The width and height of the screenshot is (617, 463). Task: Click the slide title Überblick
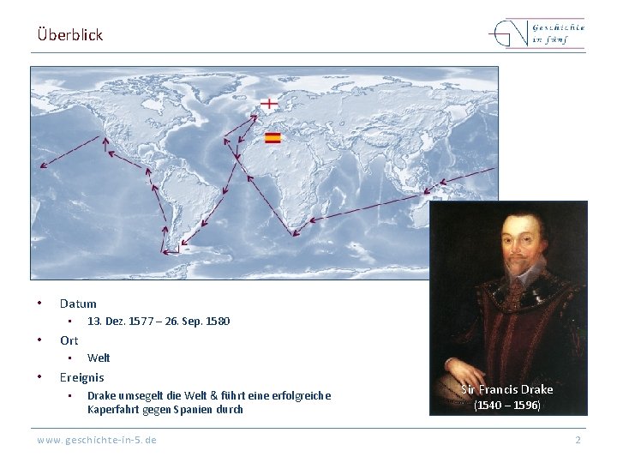click(x=70, y=35)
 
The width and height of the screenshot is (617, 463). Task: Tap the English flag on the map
click(x=269, y=103)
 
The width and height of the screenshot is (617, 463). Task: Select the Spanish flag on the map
click(x=273, y=137)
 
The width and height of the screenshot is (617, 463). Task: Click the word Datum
click(x=78, y=304)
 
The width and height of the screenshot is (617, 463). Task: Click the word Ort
click(x=69, y=340)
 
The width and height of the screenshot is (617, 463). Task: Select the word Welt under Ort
click(x=99, y=358)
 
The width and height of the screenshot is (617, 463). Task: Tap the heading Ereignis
click(x=81, y=377)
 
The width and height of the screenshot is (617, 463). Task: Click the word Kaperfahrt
click(x=113, y=409)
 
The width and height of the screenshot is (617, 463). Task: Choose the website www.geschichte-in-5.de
click(x=97, y=440)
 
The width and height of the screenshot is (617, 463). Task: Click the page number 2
click(x=578, y=440)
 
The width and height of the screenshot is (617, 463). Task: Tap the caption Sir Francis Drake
click(x=507, y=389)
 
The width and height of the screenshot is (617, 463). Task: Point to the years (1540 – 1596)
click(x=507, y=406)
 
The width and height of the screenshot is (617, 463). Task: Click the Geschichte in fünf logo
click(x=537, y=34)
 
